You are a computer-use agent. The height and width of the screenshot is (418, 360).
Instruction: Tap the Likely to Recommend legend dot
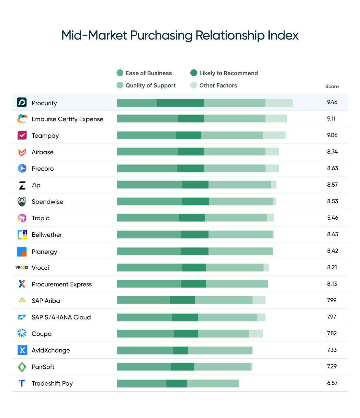(x=194, y=73)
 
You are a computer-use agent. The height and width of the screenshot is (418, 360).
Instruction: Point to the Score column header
(x=332, y=87)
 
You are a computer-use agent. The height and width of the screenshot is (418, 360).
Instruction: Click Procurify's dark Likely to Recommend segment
(x=180, y=103)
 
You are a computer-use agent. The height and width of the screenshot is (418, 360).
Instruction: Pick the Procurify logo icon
(x=22, y=102)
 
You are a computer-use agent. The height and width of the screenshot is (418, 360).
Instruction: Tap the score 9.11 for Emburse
(x=331, y=119)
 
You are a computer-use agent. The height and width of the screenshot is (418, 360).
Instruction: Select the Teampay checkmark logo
(x=22, y=135)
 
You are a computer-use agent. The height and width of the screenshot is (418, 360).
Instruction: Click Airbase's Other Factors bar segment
(x=272, y=152)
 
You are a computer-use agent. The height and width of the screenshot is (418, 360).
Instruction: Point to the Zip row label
(x=36, y=185)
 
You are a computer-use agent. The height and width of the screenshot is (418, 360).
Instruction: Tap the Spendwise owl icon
(x=22, y=202)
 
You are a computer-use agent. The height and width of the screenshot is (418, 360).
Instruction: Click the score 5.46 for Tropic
(x=332, y=218)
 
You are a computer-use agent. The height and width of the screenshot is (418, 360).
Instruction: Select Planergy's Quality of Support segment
(x=241, y=251)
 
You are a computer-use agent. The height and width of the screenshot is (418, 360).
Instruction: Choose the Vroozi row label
(x=40, y=268)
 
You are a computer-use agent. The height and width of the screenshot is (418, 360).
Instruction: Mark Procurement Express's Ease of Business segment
(x=149, y=284)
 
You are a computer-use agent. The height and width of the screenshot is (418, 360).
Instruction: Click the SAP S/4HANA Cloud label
(x=61, y=317)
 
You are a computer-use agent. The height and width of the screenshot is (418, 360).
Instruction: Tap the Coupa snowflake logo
(x=22, y=333)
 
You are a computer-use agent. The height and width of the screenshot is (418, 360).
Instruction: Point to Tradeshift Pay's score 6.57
(x=332, y=383)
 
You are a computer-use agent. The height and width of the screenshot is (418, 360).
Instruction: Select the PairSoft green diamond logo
(x=22, y=367)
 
